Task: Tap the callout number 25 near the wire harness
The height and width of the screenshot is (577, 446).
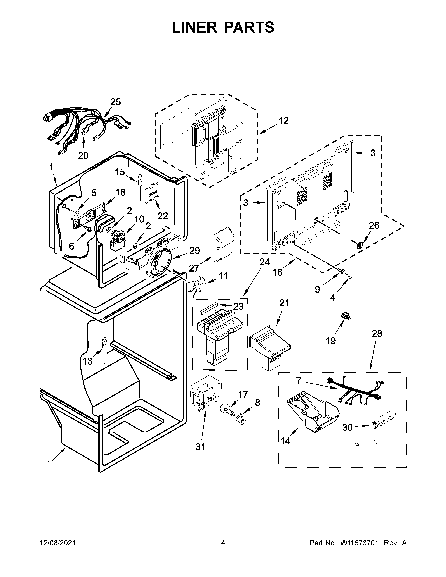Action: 115,102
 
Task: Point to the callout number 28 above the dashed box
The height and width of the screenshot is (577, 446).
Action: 377,334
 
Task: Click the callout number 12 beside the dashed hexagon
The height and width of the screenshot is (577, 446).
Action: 284,121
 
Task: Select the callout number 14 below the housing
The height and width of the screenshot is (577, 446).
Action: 286,441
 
